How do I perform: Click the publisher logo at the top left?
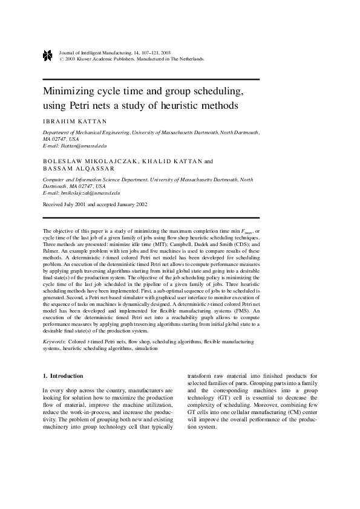click(48, 56)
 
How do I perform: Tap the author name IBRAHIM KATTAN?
click(74, 121)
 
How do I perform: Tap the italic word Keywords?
click(55, 342)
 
